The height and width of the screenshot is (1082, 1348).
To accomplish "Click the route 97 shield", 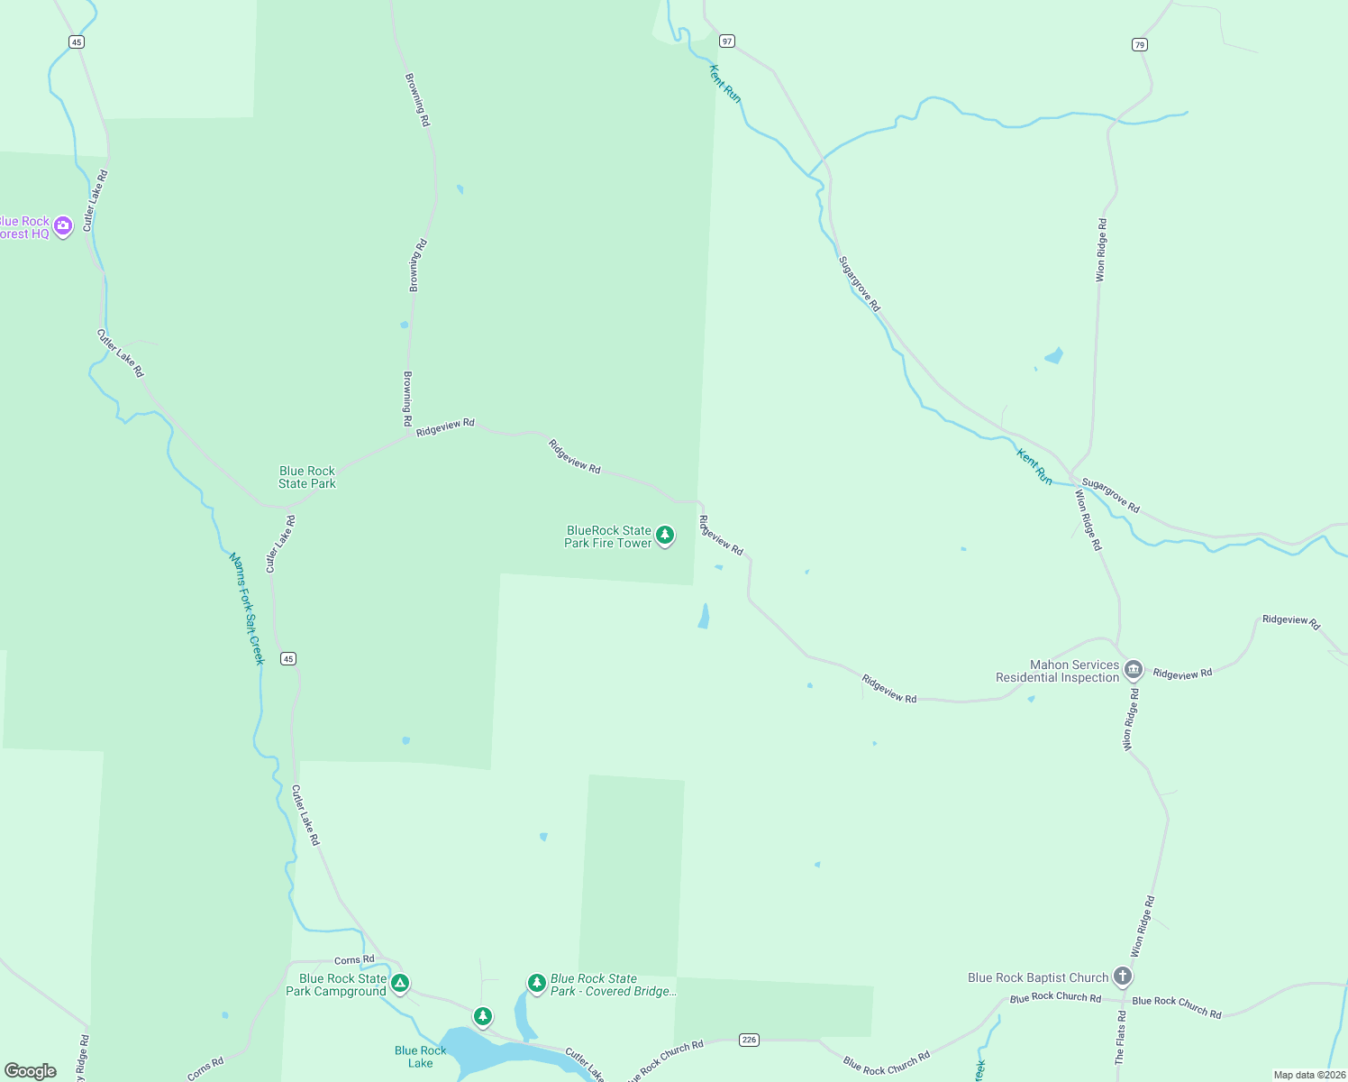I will pyautogui.click(x=727, y=41).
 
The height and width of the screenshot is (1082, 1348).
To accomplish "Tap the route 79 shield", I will pyautogui.click(x=1140, y=44).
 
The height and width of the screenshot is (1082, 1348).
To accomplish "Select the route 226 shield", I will pyautogui.click(x=749, y=1040).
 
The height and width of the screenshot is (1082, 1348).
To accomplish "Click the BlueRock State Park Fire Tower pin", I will pyautogui.click(x=665, y=536).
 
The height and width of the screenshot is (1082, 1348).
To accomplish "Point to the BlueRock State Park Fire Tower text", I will pyautogui.click(x=608, y=537).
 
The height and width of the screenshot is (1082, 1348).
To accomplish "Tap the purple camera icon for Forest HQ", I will pyautogui.click(x=63, y=225).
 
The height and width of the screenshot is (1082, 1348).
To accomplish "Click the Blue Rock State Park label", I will pyautogui.click(x=307, y=477).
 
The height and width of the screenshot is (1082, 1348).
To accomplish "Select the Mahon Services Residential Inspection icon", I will pyautogui.click(x=1134, y=669).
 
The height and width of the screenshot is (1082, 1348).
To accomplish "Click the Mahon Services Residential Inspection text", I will pyautogui.click(x=1057, y=672).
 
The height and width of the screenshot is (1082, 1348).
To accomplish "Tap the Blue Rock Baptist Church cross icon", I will pyautogui.click(x=1122, y=976).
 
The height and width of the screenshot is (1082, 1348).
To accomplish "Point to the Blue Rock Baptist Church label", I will pyautogui.click(x=1038, y=978).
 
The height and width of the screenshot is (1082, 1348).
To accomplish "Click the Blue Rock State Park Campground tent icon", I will pyautogui.click(x=400, y=983).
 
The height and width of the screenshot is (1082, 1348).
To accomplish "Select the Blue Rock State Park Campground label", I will pyautogui.click(x=336, y=985).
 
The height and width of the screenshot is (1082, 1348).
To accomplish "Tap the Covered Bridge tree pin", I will pyautogui.click(x=537, y=982).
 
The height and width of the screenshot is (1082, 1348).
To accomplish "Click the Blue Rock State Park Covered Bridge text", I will pyautogui.click(x=612, y=985).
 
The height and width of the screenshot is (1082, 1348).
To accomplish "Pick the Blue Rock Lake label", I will pyautogui.click(x=420, y=1057).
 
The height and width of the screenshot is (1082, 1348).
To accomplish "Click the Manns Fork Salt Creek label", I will pyautogui.click(x=247, y=609).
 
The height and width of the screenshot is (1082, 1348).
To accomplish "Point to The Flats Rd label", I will pyautogui.click(x=1120, y=1038).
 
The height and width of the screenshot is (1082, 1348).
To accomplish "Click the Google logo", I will pyautogui.click(x=31, y=1071).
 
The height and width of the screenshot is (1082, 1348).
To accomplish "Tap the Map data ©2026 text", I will pyautogui.click(x=1308, y=1075).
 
